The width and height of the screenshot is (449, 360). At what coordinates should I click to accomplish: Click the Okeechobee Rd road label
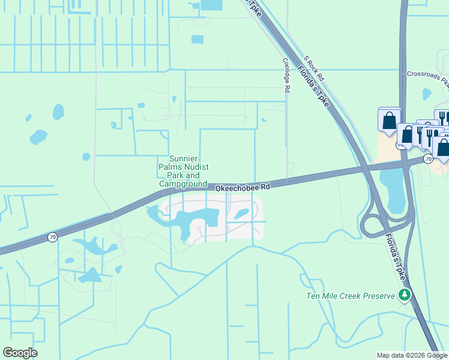pos(243,188)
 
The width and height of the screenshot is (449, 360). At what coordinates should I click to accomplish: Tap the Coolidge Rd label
pos(286,74)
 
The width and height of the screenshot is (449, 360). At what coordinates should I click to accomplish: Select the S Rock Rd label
pos(314,69)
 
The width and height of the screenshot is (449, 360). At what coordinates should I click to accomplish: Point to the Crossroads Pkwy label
pos(427,74)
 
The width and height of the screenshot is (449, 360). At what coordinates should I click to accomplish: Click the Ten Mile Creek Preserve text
pos(351,296)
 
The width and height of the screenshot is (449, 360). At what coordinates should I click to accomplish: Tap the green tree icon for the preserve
pos(405,295)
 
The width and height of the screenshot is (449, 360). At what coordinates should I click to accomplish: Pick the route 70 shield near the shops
pos(428,158)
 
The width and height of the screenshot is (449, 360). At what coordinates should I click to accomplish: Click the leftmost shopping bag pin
pos(389,120)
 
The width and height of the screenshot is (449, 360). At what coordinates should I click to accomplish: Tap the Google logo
pos(20,353)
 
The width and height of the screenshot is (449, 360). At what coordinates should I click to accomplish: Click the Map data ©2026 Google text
pos(412,355)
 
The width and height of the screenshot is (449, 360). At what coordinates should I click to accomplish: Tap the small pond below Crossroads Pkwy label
pos(426,94)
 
